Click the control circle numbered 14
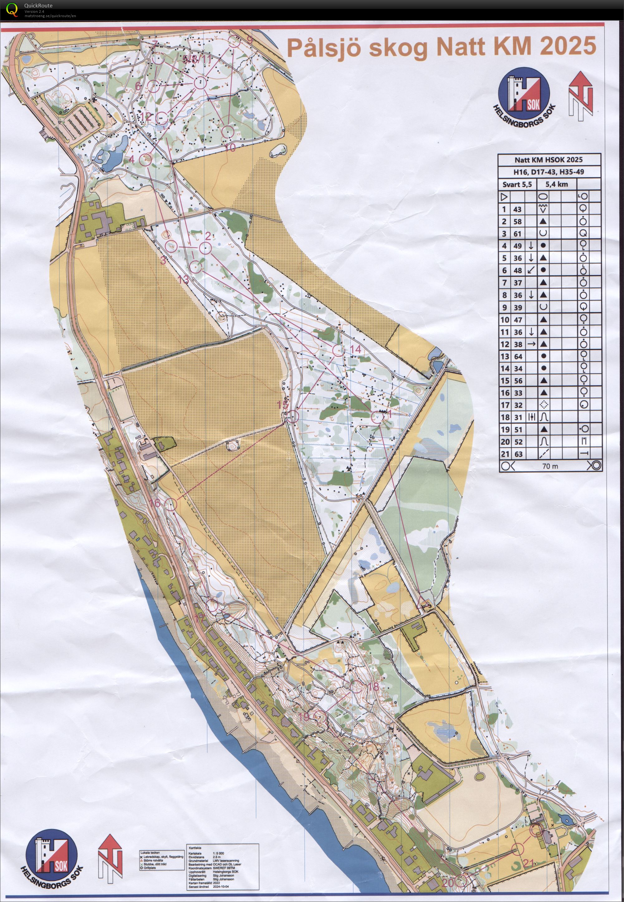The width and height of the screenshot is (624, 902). click(338, 350)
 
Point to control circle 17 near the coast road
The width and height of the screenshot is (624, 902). click(212, 606)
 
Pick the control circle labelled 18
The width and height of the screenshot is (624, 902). click(355, 685)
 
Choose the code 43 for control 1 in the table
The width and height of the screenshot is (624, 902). click(517, 209)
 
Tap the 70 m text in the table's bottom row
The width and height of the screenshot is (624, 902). click(550, 466)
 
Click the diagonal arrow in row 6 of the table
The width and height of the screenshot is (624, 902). click(530, 270)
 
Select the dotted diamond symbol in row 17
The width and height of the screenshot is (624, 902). click(543, 405)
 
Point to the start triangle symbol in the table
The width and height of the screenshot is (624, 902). click(504, 197)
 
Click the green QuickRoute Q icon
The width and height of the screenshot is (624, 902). click(13, 9)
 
